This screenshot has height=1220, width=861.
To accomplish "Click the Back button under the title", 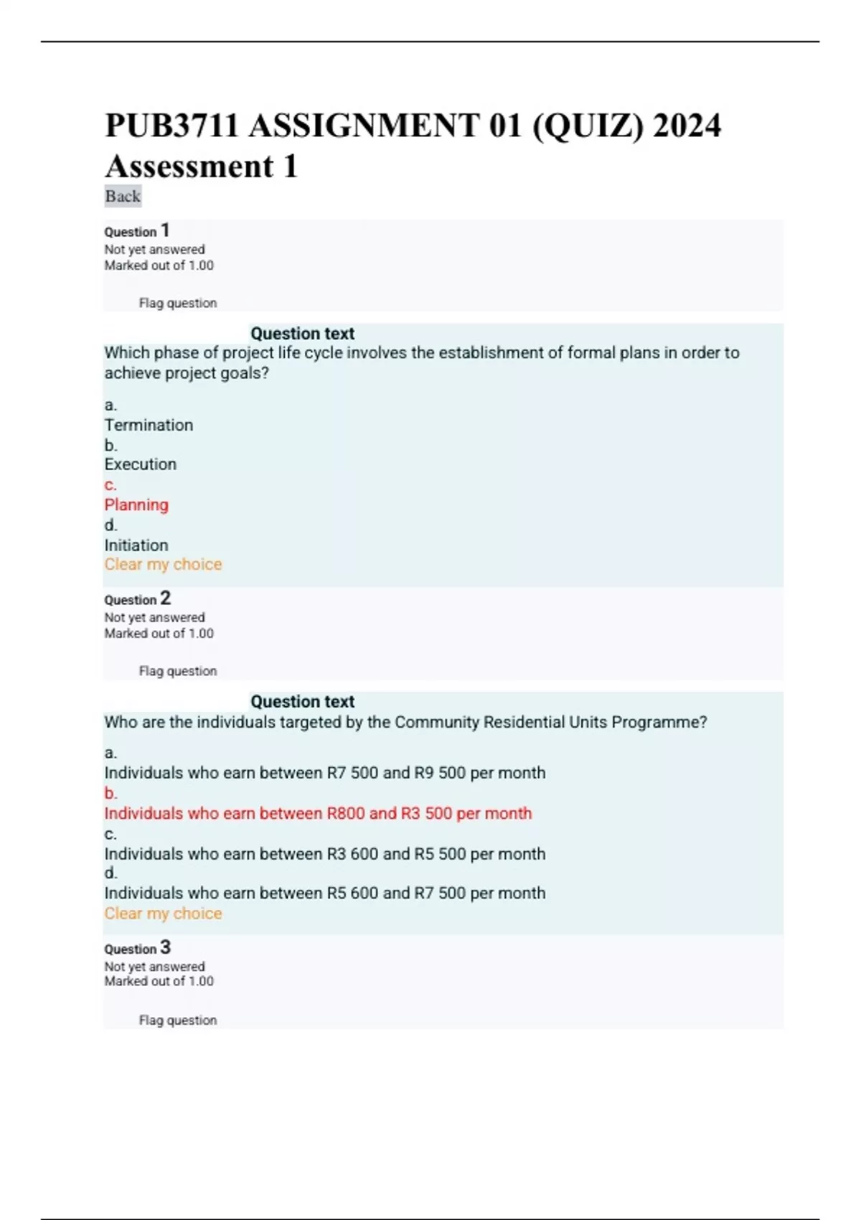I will click(123, 196).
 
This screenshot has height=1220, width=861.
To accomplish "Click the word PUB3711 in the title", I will click(171, 126).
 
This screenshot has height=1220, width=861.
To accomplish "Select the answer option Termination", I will click(149, 425).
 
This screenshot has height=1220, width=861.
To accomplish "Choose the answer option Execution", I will click(140, 464).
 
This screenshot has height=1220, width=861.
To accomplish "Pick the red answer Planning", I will click(136, 505).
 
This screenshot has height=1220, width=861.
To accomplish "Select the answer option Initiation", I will click(136, 545).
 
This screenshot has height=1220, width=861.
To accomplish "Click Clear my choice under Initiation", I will click(163, 565).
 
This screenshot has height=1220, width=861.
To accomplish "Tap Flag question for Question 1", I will click(177, 303).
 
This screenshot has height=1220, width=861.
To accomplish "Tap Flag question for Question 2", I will click(177, 671).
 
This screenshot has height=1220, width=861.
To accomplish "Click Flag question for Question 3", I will click(177, 1020).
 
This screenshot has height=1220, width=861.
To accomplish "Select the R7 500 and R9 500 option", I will click(324, 773).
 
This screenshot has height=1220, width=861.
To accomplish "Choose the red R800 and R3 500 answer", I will click(318, 813).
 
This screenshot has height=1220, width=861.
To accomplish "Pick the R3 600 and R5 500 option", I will click(324, 854).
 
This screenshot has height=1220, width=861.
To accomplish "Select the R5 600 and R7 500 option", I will click(324, 893).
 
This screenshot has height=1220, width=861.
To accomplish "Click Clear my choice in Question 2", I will click(163, 914).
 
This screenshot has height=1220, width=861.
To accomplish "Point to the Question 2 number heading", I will click(138, 599).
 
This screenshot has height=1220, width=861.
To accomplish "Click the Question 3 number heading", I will click(138, 948).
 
